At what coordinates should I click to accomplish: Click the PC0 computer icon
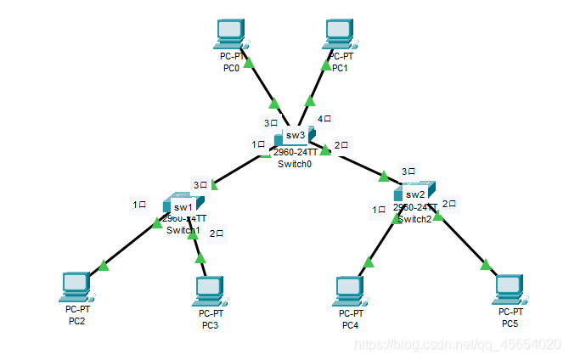pos(229,35)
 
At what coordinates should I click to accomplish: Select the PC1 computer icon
pos(340,35)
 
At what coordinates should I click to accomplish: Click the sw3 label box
pos(295,135)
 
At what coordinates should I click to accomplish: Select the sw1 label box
pos(183,206)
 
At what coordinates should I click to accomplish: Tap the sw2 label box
pos(414,194)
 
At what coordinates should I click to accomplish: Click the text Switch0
pos(295,164)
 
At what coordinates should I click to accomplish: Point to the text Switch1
pos(183,230)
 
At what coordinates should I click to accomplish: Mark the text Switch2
pos(414,218)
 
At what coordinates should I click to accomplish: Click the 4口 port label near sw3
pos(325,119)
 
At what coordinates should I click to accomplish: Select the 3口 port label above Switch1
pos(201,184)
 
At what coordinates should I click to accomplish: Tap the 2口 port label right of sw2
pos(450,204)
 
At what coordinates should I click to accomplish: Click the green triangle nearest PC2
pos(104,266)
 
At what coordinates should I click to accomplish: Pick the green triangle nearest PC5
pos(486,265)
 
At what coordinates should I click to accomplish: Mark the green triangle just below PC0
pos(249,62)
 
